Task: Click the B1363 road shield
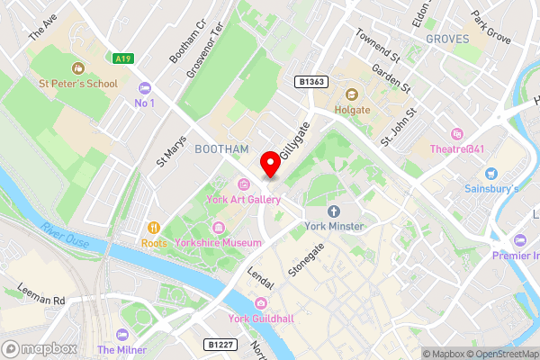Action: [x=310, y=81]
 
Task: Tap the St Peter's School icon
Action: [x=77, y=67]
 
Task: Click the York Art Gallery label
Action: [x=242, y=200]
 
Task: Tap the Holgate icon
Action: [x=351, y=94]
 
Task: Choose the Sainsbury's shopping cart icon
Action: [x=490, y=174]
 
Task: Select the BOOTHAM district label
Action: [x=220, y=149]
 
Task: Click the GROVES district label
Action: [x=446, y=39]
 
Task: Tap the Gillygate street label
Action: [x=292, y=142]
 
